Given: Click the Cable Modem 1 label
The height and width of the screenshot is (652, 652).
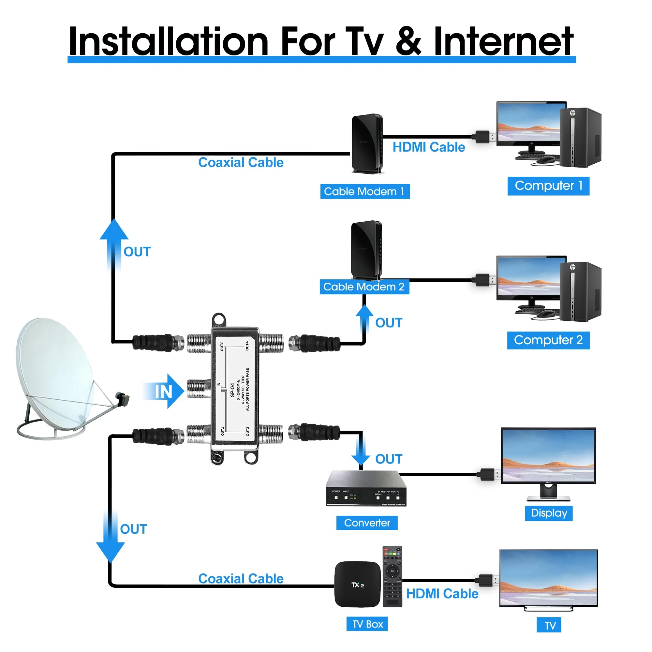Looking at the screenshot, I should [365, 191].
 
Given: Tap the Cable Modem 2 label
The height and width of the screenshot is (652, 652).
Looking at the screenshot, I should [364, 287].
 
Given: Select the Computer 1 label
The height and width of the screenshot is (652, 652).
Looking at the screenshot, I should [548, 186].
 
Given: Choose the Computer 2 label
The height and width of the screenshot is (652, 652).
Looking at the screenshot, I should [548, 340].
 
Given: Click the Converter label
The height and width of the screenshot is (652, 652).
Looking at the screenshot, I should [367, 523].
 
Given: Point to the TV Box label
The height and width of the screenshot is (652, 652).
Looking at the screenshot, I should [367, 624].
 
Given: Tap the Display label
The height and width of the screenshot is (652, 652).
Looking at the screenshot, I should [549, 513].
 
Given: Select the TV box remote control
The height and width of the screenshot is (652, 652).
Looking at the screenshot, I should [392, 576].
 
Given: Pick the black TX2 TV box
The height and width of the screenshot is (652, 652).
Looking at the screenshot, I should [357, 585].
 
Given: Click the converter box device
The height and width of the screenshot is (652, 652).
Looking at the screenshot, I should [366, 489].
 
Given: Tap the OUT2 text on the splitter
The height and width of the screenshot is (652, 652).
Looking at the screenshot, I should [222, 346].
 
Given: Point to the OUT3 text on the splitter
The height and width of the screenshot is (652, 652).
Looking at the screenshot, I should [248, 431].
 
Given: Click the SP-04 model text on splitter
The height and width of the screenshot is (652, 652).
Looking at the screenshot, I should [232, 390].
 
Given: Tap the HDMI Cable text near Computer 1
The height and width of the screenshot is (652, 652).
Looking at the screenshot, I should [429, 147].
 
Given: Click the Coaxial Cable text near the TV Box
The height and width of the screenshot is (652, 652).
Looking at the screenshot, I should [241, 578].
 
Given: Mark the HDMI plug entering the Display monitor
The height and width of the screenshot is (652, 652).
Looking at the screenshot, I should [488, 474].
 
